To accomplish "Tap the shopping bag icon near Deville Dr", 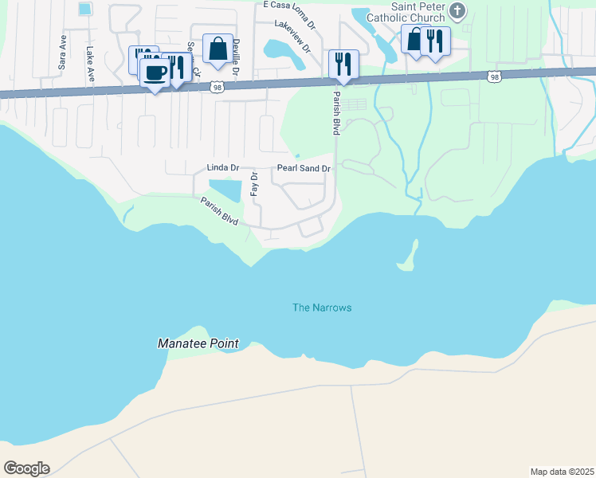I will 218,49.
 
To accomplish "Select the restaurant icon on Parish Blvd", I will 343,64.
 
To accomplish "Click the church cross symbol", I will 457,10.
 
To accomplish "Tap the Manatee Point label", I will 197,343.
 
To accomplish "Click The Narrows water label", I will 322,308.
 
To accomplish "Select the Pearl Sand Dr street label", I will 303,169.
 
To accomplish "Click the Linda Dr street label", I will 222,169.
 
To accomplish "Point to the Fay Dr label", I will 254,184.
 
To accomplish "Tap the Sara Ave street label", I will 61,53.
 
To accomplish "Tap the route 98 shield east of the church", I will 494,76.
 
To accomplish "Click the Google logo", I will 25,468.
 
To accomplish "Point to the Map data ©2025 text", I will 562,471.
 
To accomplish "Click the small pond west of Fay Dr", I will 225,190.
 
